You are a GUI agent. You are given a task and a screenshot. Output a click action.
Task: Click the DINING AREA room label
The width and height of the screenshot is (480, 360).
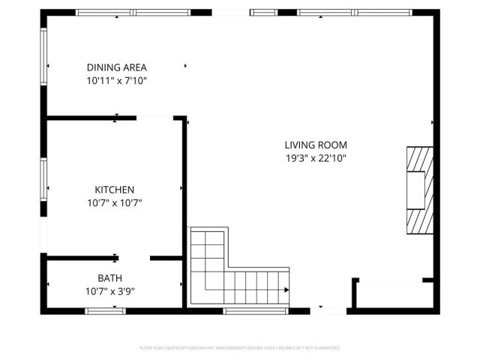pos(116,67)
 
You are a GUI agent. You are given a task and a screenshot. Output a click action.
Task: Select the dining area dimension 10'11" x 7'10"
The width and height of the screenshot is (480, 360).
pos(116,79)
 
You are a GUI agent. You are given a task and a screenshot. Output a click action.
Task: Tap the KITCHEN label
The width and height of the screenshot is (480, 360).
pos(114,190)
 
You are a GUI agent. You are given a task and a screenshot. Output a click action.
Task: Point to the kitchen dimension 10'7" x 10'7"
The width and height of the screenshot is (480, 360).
pos(114,202)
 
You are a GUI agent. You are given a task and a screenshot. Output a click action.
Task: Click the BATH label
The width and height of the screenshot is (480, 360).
pos(109,278)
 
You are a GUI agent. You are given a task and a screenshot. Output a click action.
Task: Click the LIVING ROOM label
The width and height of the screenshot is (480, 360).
pos(315,145)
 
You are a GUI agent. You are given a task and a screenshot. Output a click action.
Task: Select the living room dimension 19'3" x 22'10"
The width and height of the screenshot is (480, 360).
pos(315,157)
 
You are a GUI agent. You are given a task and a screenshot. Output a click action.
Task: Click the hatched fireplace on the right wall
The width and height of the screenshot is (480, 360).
pos(418,190)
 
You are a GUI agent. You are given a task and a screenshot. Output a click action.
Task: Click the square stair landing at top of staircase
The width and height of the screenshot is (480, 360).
pos(207,247)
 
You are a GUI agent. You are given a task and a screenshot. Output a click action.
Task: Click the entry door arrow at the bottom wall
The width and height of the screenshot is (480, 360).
pos(322,307)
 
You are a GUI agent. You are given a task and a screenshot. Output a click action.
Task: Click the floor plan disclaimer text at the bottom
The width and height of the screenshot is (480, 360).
pos(240,348)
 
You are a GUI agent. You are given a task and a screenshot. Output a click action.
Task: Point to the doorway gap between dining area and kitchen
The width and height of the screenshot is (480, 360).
pos(154,117)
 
